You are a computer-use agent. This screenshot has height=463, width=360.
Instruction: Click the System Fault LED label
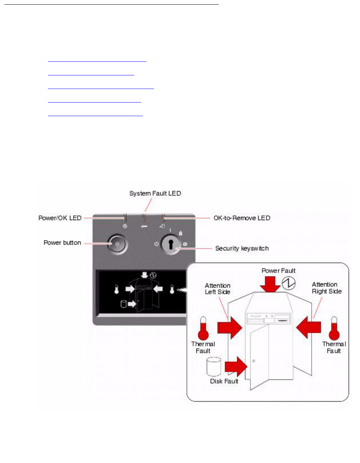(x=155, y=194)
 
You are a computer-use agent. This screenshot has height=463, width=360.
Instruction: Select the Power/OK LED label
(x=60, y=218)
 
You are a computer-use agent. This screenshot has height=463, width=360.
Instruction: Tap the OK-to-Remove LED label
(x=242, y=218)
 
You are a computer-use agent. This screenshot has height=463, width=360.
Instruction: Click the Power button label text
(x=62, y=243)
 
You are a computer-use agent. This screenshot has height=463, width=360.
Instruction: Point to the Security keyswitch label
(x=242, y=248)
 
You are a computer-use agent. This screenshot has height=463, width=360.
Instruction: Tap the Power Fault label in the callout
(x=278, y=271)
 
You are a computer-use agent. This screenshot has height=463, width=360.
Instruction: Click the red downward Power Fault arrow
(x=270, y=284)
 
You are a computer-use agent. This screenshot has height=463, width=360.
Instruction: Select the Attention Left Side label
(x=217, y=289)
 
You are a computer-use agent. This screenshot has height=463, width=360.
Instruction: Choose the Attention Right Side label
(x=326, y=288)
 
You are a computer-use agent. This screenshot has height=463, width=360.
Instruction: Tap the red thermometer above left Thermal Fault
(x=203, y=328)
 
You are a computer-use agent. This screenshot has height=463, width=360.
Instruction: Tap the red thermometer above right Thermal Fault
(x=334, y=328)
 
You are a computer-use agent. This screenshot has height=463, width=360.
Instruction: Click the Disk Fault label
(x=224, y=381)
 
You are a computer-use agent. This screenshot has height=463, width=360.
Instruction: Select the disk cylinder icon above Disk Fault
(x=214, y=366)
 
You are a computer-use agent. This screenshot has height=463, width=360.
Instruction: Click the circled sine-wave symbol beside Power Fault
(x=289, y=283)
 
